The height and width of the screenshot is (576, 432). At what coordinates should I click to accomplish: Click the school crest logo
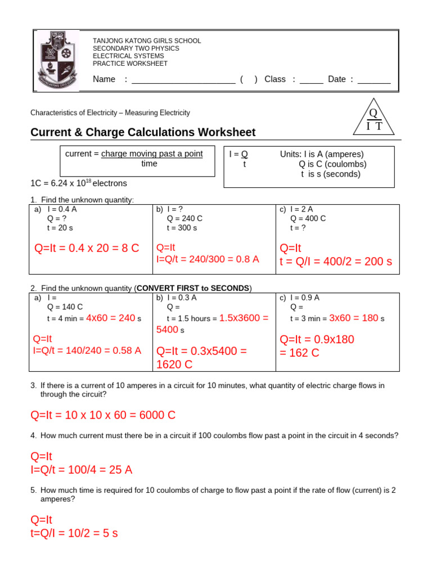point(55,60)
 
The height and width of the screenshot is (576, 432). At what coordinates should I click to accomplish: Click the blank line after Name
point(183,79)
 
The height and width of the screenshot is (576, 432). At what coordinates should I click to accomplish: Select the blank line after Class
point(311,79)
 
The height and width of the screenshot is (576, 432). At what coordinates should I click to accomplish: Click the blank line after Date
point(374,79)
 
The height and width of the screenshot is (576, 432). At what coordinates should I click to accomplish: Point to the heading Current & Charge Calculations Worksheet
point(143,132)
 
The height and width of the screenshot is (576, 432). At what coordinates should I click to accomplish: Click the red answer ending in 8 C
point(87,248)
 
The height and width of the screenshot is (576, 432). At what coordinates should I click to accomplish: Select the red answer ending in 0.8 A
point(208,259)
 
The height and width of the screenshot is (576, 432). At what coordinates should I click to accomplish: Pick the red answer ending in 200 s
point(335,262)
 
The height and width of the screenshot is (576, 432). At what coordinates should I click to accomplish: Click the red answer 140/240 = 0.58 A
point(87,350)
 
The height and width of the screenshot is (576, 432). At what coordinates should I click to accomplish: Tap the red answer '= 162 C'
point(299,353)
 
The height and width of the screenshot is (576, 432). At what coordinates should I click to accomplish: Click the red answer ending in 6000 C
point(103,415)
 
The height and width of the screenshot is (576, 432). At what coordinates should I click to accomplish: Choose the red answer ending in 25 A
point(82,470)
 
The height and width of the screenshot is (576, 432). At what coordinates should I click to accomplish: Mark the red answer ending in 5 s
point(74,533)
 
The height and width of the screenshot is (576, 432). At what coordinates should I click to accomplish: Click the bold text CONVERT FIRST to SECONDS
point(193,288)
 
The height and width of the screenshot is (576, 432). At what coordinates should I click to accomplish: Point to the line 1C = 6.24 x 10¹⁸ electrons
point(79,183)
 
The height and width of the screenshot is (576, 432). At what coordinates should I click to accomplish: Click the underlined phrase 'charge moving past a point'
point(152,154)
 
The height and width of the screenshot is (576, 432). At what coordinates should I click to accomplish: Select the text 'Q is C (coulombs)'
point(332,164)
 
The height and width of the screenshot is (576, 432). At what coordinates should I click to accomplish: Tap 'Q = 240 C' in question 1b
point(184,218)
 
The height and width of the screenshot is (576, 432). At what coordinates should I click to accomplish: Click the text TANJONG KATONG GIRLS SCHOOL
point(146,41)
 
